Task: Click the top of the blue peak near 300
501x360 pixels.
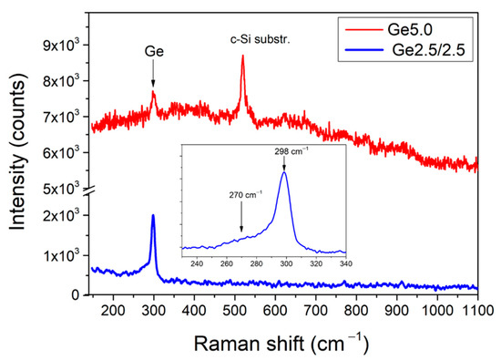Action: [x=153, y=215]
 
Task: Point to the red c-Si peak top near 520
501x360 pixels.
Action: [x=243, y=56]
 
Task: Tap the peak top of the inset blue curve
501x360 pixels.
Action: [x=284, y=173]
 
